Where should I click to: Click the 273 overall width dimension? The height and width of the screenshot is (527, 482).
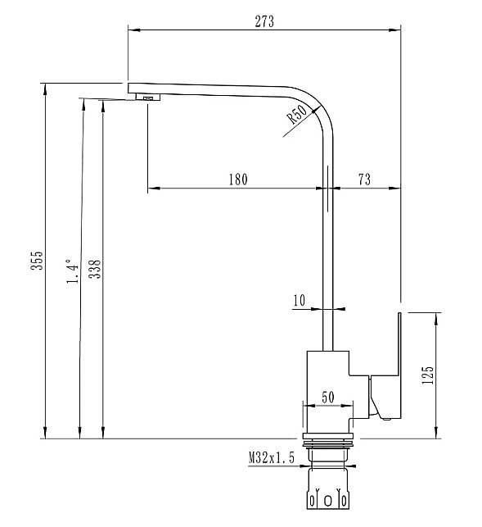coord(264,21)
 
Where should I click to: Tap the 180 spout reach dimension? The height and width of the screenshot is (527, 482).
coord(236,180)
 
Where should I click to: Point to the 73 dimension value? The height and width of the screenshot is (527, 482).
coord(364,180)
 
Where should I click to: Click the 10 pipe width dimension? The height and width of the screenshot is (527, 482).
coord(298,302)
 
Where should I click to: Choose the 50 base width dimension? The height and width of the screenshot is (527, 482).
coord(327,398)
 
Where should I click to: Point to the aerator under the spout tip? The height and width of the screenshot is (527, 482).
coord(149,98)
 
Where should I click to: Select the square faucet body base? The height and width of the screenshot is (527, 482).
coord(327,389)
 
